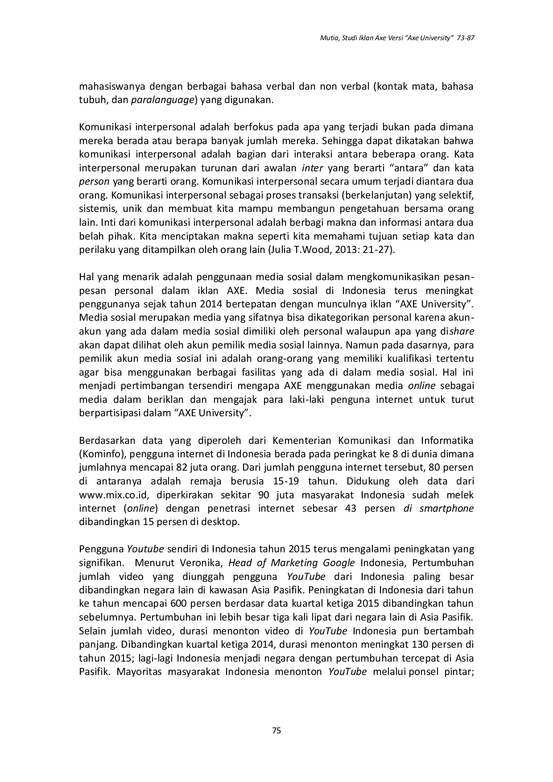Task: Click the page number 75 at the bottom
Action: click(276, 730)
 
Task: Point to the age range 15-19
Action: click(285, 481)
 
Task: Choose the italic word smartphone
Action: click(446, 509)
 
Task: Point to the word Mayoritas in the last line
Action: click(134, 672)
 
